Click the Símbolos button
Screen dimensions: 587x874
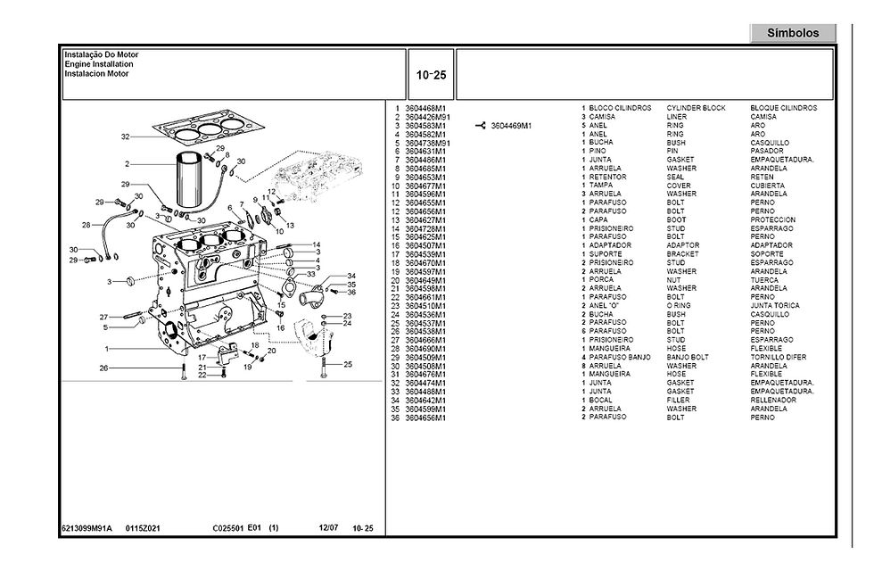[793, 33]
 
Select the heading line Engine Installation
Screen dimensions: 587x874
[99, 65]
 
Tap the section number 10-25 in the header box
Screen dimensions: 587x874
[431, 74]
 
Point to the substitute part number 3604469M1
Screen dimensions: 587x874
[511, 126]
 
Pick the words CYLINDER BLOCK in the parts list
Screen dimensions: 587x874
[696, 108]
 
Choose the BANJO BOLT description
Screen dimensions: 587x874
[687, 357]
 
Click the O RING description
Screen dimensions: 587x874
[679, 305]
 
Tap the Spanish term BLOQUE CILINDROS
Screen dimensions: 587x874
[783, 108]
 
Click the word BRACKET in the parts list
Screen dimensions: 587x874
[682, 254]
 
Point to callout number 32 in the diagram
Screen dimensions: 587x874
[126, 136]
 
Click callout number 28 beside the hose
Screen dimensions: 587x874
[87, 224]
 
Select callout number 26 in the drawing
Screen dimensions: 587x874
[103, 368]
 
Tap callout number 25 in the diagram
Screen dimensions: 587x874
[348, 364]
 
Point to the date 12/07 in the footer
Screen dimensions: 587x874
[328, 529]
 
